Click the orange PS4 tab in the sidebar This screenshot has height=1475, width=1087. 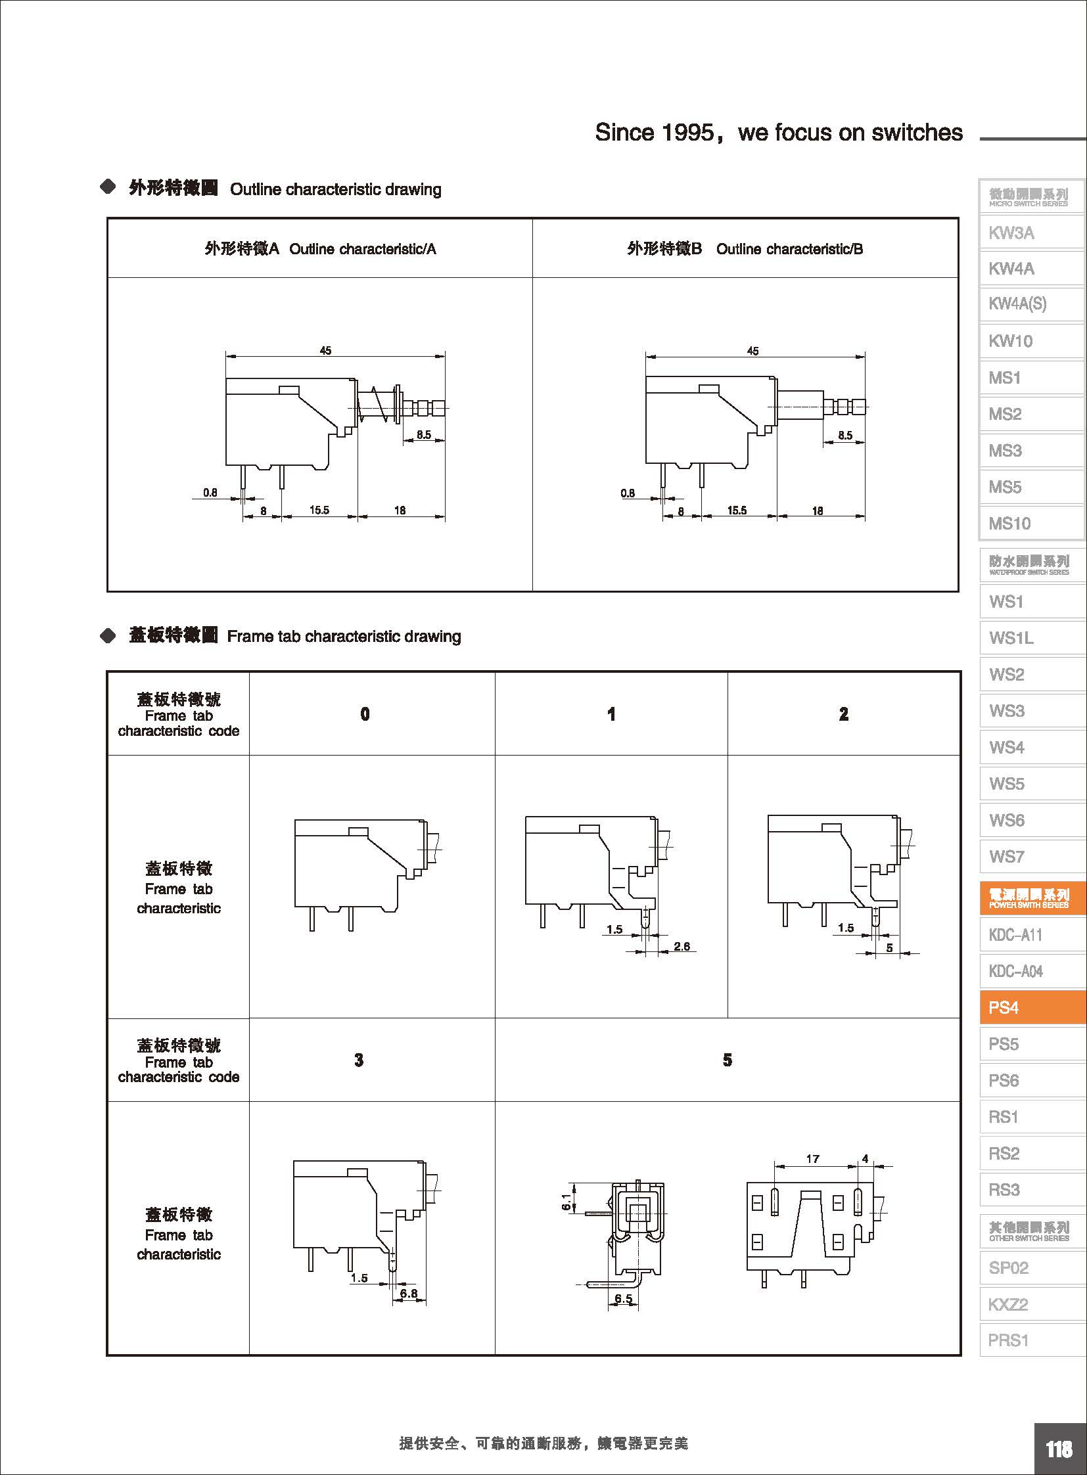pos(1031,1007)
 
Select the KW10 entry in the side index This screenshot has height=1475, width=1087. pos(1011,341)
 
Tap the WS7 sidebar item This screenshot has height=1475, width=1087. pos(1007,857)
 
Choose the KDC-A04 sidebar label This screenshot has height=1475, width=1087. pos(1015,971)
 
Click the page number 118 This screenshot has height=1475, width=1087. pos(1059,1449)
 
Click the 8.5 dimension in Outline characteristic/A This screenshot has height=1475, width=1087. pos(424,435)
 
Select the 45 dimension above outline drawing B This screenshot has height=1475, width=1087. pos(752,352)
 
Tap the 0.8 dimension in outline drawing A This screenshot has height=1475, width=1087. pos(210,492)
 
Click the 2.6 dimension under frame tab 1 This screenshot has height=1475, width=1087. pos(682,946)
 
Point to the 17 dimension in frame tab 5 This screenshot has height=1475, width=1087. pos(812,1158)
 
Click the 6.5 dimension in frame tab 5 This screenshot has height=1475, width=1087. pos(623,1299)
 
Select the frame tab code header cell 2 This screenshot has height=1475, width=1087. pos(844,714)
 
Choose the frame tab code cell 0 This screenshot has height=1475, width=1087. pos(365,714)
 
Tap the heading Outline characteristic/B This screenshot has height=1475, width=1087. pos(789,249)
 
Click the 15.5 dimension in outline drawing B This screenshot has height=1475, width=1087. pos(737,511)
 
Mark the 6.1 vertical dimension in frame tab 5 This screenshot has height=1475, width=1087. pos(567,1202)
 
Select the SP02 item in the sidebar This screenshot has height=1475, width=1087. pos(1008,1268)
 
